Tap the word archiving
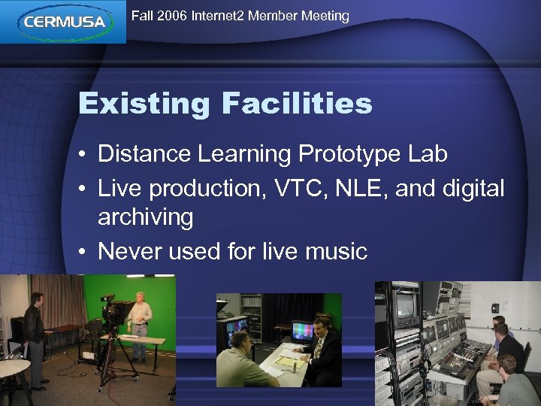pyautogui.click(x=145, y=217)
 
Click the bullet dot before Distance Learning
pyautogui.click(x=85, y=155)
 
